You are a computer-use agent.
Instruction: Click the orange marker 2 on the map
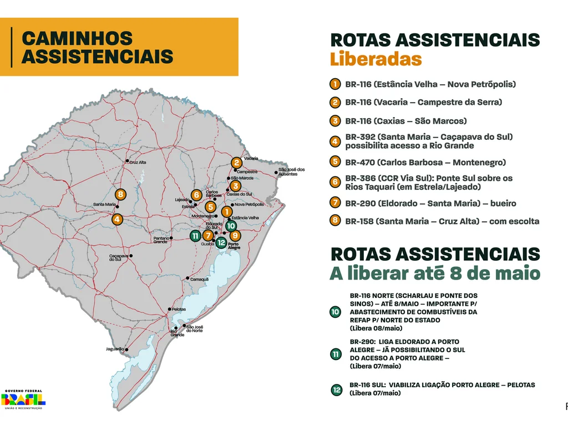click(237, 163)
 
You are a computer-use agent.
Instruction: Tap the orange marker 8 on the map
click(120, 195)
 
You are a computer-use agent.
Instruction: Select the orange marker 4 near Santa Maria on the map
click(117, 220)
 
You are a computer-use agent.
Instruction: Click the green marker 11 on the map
click(195, 236)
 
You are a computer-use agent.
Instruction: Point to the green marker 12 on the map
click(221, 242)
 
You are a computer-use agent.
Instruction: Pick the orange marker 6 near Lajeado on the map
click(196, 195)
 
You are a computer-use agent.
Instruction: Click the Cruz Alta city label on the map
click(138, 162)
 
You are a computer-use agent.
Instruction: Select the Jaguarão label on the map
click(115, 349)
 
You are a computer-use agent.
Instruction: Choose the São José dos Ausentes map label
click(292, 171)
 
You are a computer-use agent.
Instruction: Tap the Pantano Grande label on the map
click(160, 240)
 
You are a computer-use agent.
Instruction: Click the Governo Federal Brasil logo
click(23, 398)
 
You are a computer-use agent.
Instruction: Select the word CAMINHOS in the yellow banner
click(77, 38)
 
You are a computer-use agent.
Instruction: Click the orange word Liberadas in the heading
click(376, 59)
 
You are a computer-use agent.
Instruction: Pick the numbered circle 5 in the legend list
click(334, 162)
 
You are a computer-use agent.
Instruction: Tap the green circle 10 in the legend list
click(335, 312)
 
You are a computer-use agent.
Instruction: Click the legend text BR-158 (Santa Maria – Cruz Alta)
click(442, 221)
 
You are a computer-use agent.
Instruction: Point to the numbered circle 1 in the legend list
click(334, 84)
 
